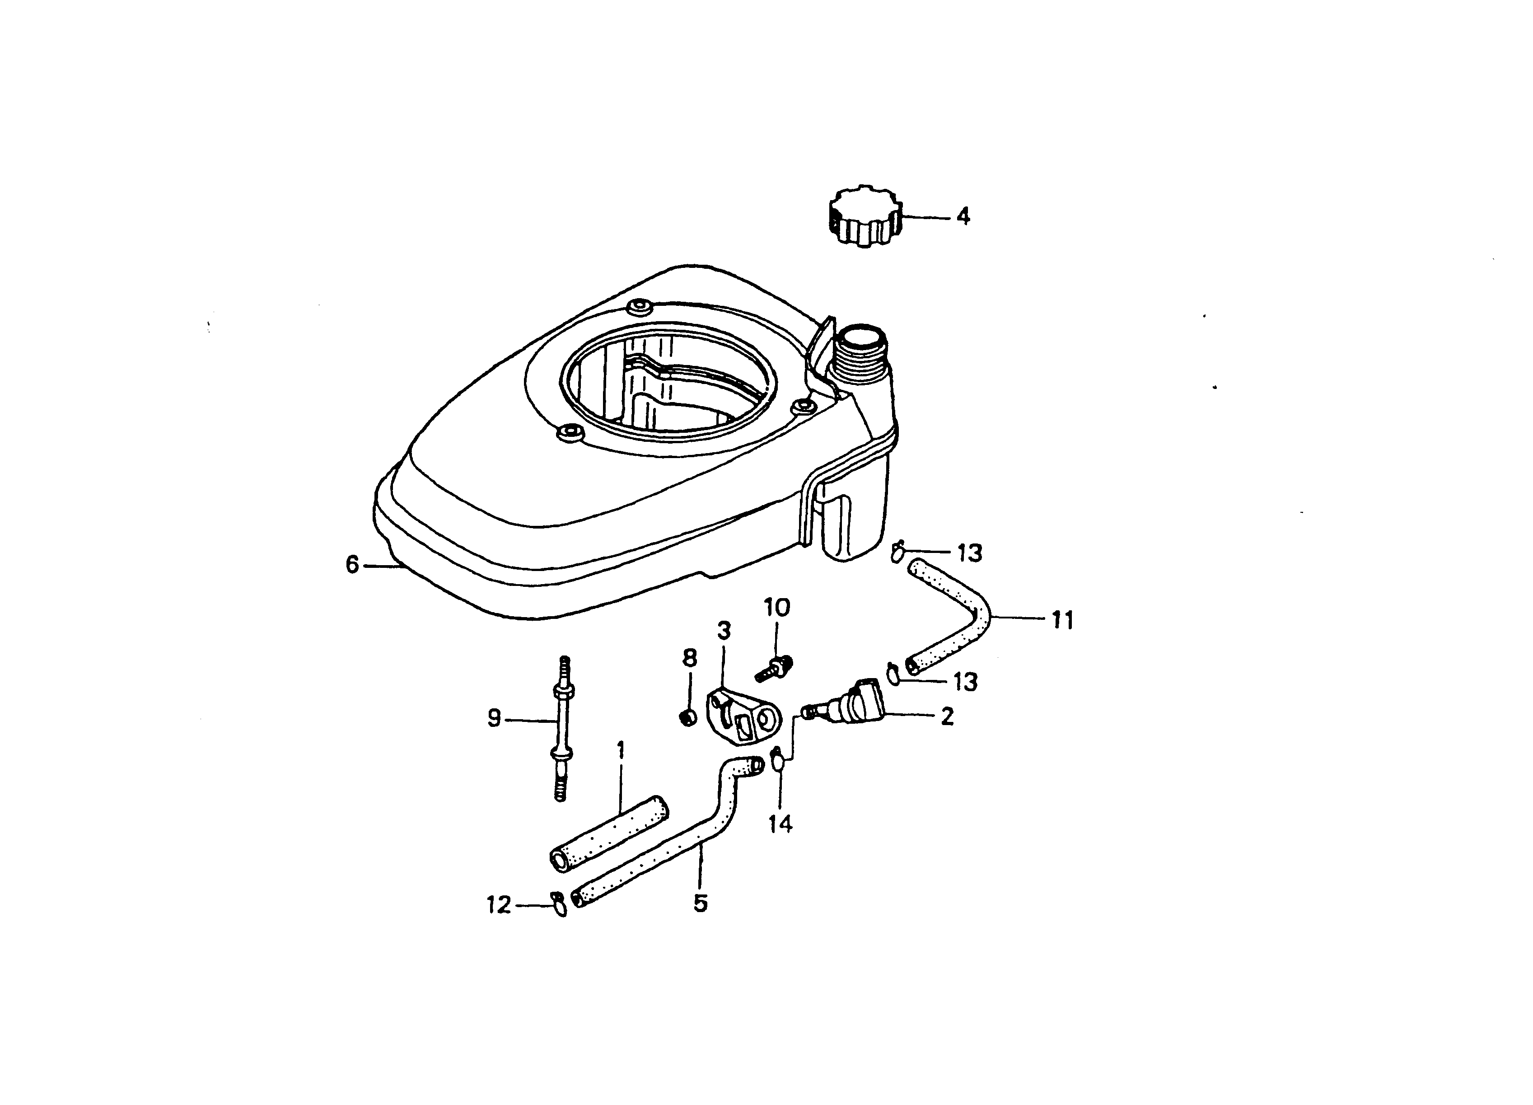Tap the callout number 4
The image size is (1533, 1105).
963,217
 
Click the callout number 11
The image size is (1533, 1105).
1062,620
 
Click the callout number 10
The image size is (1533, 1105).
776,608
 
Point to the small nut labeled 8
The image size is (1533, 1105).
688,717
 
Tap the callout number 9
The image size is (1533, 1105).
494,718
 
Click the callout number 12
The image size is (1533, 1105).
499,904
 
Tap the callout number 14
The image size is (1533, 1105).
781,824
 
